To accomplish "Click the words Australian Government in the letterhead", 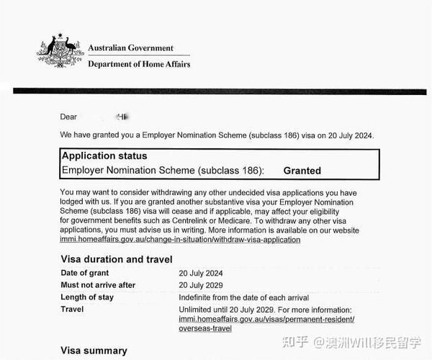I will point(130,48).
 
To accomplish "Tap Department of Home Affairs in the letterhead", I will point(139,63).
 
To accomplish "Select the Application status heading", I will point(104,156).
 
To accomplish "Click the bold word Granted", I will point(302,171).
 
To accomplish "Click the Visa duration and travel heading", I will point(116,259).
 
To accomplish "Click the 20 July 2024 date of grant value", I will point(201,273).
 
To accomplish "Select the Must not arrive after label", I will point(97,285).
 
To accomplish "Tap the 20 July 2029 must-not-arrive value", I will point(201,285).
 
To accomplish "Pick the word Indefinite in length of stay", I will point(197,297).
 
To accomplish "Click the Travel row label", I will point(73,310).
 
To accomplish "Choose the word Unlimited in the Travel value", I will point(197,310).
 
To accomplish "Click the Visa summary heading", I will point(94,351).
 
